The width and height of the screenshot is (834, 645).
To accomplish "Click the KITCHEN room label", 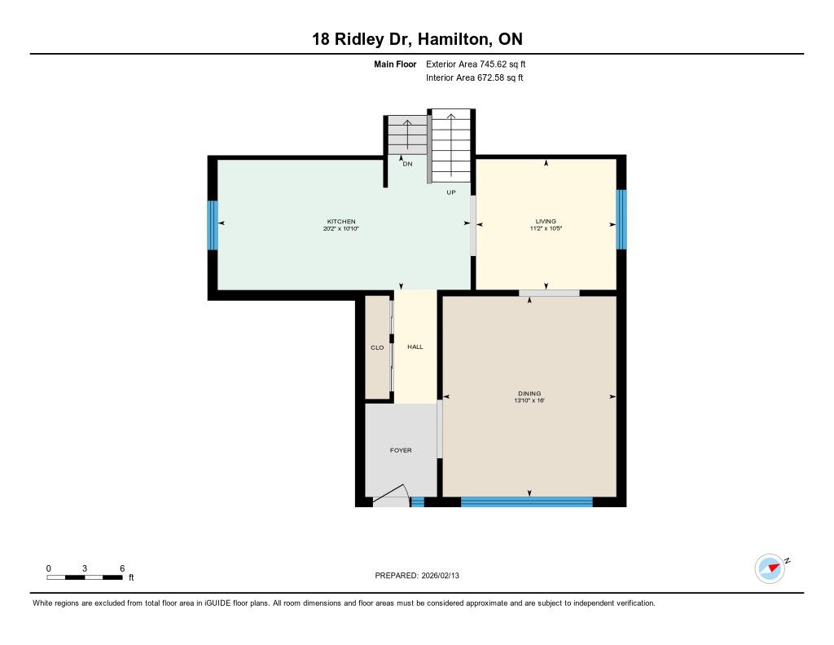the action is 341,222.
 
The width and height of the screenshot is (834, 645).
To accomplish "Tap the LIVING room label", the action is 546,221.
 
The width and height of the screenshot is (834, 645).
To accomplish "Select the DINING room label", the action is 529,394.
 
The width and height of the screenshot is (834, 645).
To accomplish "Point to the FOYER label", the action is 401,450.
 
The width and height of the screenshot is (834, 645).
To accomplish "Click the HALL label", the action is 415,347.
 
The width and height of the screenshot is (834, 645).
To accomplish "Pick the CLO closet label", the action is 377,348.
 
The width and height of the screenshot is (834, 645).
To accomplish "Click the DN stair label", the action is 407,164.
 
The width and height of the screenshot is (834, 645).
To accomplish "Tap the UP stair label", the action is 451,192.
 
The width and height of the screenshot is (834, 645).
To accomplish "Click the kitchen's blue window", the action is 213,225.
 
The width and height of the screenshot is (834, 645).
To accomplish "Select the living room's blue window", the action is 621,219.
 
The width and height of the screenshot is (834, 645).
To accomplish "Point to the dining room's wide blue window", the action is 527,501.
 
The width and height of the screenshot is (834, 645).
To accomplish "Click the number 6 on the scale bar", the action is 122,568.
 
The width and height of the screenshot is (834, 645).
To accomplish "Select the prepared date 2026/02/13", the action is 440,575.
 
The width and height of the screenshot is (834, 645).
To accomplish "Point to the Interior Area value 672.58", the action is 490,77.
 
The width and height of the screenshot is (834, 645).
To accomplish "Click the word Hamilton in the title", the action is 454,39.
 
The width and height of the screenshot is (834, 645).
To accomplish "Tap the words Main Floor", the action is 395,64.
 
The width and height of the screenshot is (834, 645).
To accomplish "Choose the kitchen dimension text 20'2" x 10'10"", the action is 341,228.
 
